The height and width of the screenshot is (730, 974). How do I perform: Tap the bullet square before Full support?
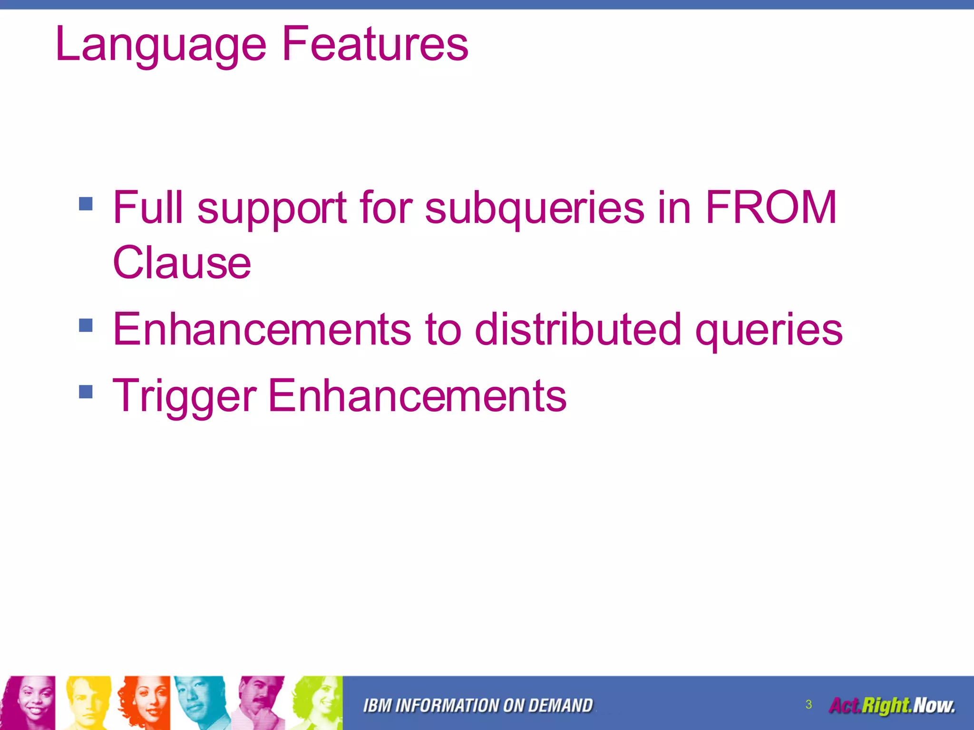tap(86, 204)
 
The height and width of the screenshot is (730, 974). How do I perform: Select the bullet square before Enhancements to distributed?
tap(86, 326)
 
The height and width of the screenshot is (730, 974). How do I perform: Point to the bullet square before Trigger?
tap(86, 392)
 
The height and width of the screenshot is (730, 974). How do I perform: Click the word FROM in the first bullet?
tap(770, 208)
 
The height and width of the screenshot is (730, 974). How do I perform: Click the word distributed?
tap(578, 329)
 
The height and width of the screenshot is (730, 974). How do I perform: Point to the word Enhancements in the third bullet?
tap(417, 395)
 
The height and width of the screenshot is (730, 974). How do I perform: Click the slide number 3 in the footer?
tap(808, 704)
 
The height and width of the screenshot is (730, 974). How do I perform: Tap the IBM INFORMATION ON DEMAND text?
tap(478, 706)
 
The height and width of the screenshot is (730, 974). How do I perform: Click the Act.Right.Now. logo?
tap(892, 706)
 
